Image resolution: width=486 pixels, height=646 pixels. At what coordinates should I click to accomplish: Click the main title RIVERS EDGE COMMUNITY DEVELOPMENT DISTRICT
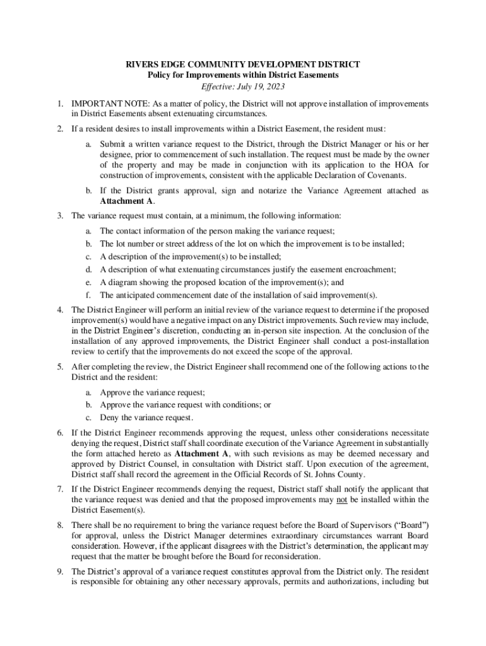[243, 64]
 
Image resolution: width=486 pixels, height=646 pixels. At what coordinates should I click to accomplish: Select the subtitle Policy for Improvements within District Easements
[243, 75]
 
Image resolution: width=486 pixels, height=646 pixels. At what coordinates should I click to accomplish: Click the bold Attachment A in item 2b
[127, 201]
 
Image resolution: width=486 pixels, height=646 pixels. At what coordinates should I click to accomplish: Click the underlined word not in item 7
[341, 500]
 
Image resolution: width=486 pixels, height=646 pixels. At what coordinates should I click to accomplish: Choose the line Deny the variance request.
[146, 418]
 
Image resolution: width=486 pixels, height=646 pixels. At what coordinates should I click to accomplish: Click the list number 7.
[59, 489]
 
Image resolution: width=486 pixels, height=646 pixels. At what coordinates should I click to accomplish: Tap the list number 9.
[59, 572]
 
